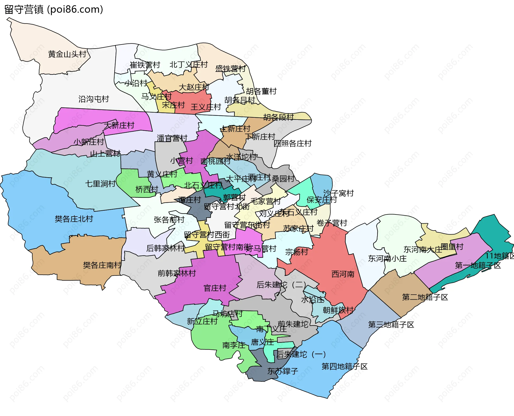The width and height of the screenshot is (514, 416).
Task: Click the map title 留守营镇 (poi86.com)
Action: click(x=54, y=10)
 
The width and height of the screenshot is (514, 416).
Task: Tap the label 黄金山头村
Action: click(x=67, y=54)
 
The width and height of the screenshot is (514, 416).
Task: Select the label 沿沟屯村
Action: click(x=94, y=99)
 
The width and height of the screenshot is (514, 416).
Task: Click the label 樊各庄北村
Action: click(x=74, y=219)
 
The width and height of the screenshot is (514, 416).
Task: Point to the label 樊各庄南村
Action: click(x=102, y=265)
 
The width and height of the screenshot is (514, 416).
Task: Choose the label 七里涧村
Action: click(x=100, y=184)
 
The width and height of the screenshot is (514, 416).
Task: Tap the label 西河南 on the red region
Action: click(x=343, y=274)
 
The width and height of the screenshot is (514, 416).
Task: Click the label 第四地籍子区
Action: click(x=344, y=366)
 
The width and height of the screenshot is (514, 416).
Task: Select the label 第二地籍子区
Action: click(x=425, y=297)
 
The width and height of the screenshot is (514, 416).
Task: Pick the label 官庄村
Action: click(x=215, y=288)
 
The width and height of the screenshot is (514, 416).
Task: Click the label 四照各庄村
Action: click(x=292, y=143)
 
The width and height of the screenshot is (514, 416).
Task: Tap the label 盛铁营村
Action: click(x=230, y=69)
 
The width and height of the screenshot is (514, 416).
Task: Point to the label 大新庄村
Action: click(x=119, y=125)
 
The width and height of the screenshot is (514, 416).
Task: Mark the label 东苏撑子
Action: click(x=282, y=371)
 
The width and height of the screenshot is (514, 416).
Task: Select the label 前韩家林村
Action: click(x=177, y=273)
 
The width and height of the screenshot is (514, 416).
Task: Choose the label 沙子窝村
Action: click(x=338, y=193)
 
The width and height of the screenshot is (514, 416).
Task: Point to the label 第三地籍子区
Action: click(x=391, y=325)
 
